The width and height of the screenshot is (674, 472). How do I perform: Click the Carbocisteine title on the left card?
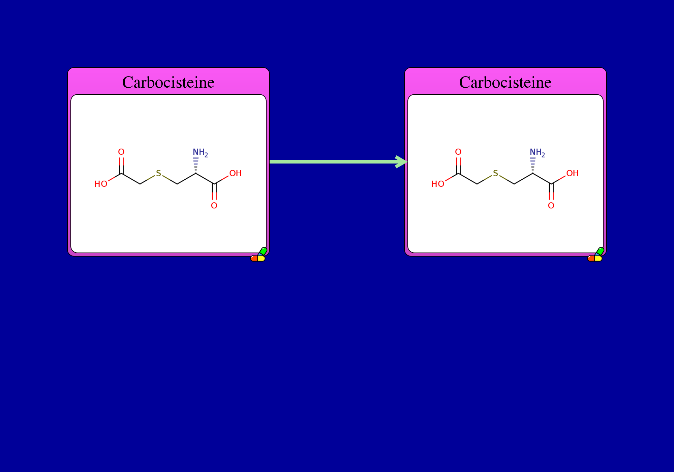point(168,82)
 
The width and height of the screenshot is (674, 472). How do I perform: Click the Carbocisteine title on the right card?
point(505,82)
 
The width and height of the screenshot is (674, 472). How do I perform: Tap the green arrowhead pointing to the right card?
point(401,162)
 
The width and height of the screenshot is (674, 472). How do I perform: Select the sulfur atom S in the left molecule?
point(158,173)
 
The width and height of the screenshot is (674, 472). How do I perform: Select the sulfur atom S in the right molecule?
point(495,173)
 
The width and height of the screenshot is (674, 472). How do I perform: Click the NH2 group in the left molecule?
point(200,153)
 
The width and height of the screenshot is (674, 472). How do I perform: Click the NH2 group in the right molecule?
point(537,153)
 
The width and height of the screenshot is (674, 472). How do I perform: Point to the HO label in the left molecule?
point(101,184)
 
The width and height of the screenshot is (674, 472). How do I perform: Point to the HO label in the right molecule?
point(438,184)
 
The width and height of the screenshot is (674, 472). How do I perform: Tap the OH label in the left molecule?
point(236,173)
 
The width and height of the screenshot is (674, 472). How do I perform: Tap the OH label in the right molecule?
point(573,173)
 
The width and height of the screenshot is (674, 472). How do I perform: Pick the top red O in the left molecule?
point(121,152)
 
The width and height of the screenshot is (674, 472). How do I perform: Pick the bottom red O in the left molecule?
point(214,206)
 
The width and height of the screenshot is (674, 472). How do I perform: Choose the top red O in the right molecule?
point(458,152)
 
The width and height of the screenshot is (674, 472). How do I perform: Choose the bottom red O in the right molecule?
point(551,206)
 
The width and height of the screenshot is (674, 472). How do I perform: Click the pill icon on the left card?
point(258,255)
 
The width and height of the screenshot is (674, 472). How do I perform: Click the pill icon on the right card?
point(595,255)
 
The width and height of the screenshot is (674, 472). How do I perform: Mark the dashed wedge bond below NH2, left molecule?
point(196,166)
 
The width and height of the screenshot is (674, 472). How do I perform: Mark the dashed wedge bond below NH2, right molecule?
point(533,166)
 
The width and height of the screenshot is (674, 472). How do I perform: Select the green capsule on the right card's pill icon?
point(600,251)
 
